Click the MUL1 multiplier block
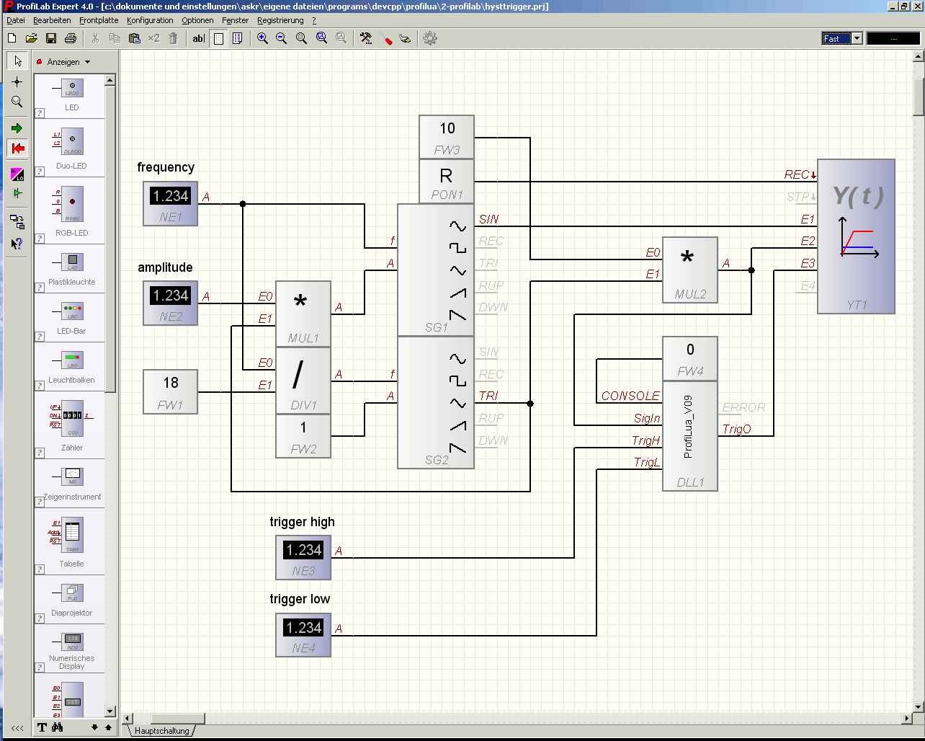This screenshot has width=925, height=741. coord(303,314)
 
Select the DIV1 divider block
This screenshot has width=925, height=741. coord(303,380)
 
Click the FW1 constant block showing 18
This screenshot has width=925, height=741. coord(171,391)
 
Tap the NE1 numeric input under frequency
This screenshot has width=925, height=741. coord(171,203)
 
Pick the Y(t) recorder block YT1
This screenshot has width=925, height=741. coord(856,236)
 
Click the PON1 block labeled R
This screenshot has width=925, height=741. coord(447,182)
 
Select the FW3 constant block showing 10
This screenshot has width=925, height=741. coord(447,136)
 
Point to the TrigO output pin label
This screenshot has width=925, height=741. coord(736,430)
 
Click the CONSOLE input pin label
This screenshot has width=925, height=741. coord(630,396)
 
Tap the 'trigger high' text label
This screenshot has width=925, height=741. coord(302,522)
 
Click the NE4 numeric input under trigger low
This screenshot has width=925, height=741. coord(303,634)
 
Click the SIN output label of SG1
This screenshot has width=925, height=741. coord(488,219)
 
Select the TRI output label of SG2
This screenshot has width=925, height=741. coord(488,396)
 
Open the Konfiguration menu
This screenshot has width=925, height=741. coord(150,20)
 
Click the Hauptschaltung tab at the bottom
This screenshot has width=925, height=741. coord(162,731)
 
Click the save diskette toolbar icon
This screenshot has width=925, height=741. coord(51,38)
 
